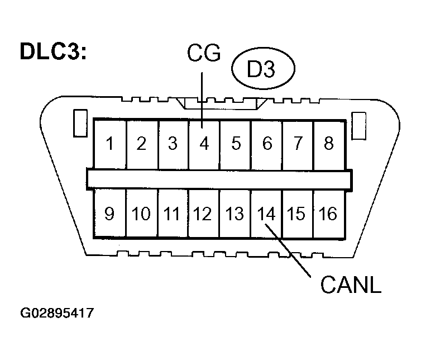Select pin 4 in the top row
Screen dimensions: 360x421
click(x=204, y=144)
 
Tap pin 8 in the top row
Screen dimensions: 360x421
click(x=328, y=144)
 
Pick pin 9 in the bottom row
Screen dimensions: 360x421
click(x=110, y=214)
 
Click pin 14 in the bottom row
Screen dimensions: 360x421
click(x=266, y=214)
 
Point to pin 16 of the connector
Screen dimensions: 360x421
click(x=328, y=214)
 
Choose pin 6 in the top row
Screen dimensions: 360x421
click(x=266, y=144)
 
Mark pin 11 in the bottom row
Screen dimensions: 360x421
click(x=173, y=214)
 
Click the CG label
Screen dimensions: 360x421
click(x=203, y=55)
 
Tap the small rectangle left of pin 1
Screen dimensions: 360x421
click(x=79, y=122)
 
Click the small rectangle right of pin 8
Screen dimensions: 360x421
click(x=358, y=123)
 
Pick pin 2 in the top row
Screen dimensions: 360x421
click(x=141, y=144)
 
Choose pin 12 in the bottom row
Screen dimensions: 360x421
click(x=204, y=214)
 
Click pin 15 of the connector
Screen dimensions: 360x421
click(x=297, y=214)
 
